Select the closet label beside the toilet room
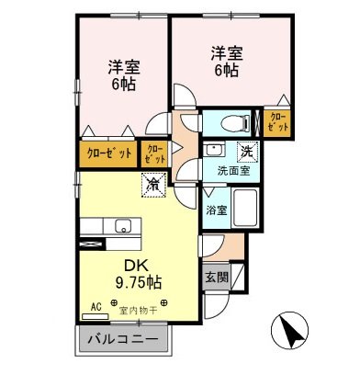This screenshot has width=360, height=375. pyautogui.click(x=276, y=122)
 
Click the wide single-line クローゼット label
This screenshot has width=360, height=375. pyautogui.click(x=109, y=152)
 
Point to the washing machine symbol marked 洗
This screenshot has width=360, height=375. pyautogui.click(x=245, y=152)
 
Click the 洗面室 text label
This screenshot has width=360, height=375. pyautogui.click(x=234, y=170)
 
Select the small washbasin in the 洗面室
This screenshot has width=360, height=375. pyautogui.click(x=214, y=149)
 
